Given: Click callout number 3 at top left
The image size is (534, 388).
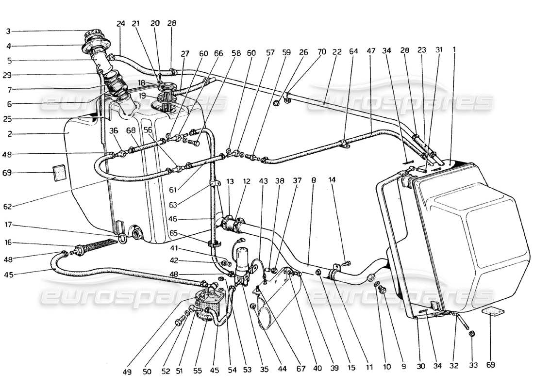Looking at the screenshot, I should [8, 32].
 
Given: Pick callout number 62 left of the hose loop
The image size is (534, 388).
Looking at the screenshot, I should [8, 206].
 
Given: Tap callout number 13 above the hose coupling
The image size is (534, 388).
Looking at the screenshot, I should [230, 181].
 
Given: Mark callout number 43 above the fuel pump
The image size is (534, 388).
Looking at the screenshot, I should [264, 181].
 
